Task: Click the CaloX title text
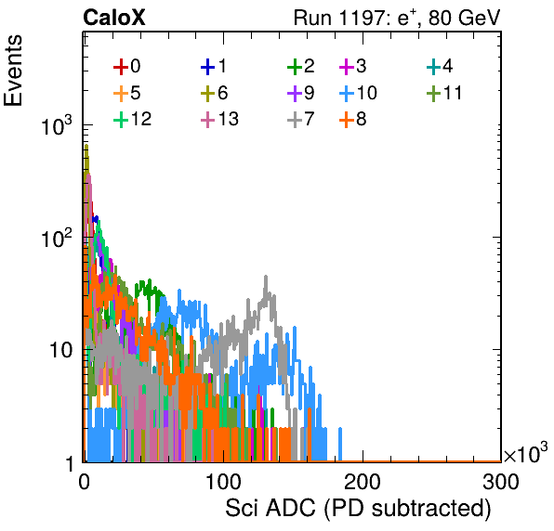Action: pyautogui.click(x=113, y=18)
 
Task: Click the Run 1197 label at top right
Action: pyautogui.click(x=397, y=18)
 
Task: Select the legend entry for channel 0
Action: pyautogui.click(x=126, y=66)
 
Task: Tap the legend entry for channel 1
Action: pyautogui.click(x=214, y=66)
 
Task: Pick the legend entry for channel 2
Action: pyautogui.click(x=300, y=66)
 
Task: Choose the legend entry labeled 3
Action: pyautogui.click(x=352, y=66)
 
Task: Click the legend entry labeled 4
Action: pyautogui.click(x=440, y=66)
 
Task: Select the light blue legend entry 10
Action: pyautogui.click(x=358, y=93)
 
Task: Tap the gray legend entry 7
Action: pyautogui.click(x=300, y=119)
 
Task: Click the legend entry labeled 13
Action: pyautogui.click(x=219, y=119)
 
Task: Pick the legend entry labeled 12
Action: pyautogui.click(x=133, y=119)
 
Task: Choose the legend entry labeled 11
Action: pyautogui.click(x=444, y=93)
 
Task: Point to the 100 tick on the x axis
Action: pyautogui.click(x=223, y=482)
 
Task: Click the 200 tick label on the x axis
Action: pyautogui.click(x=363, y=482)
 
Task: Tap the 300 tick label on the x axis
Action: pyautogui.click(x=501, y=482)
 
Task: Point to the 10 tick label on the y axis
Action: pyautogui.click(x=60, y=350)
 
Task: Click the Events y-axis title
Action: pyautogui.click(x=13, y=71)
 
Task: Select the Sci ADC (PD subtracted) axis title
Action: pyautogui.click(x=358, y=509)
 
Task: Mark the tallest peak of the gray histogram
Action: pyautogui.click(x=266, y=277)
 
